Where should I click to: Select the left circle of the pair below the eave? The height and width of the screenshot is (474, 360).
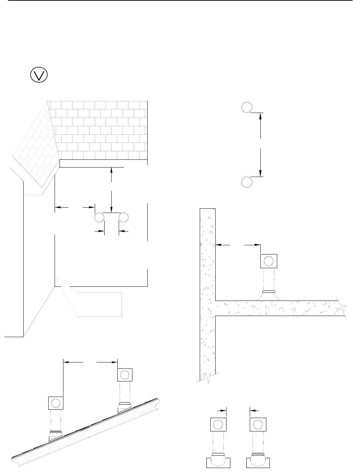point(100,217)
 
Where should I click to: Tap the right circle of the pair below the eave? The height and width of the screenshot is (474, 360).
point(124,217)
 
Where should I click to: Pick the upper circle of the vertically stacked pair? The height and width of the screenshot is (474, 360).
point(247,107)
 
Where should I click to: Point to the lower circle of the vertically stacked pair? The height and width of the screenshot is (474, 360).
point(247,182)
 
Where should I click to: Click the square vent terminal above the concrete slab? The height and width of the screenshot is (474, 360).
point(268,261)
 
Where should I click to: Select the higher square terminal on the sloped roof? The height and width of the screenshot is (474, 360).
point(124,375)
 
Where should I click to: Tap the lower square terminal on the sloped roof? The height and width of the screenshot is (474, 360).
point(56,403)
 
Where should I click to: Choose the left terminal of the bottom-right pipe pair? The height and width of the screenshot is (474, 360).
point(218,424)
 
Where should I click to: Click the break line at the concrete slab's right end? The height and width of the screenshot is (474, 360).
point(341,308)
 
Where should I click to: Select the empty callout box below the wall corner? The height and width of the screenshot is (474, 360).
point(100,304)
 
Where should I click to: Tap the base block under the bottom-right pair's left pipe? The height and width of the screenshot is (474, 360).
point(218,463)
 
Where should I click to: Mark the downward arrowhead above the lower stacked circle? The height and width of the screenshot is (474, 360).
point(260,172)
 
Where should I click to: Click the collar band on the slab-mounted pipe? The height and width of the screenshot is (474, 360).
point(269,291)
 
